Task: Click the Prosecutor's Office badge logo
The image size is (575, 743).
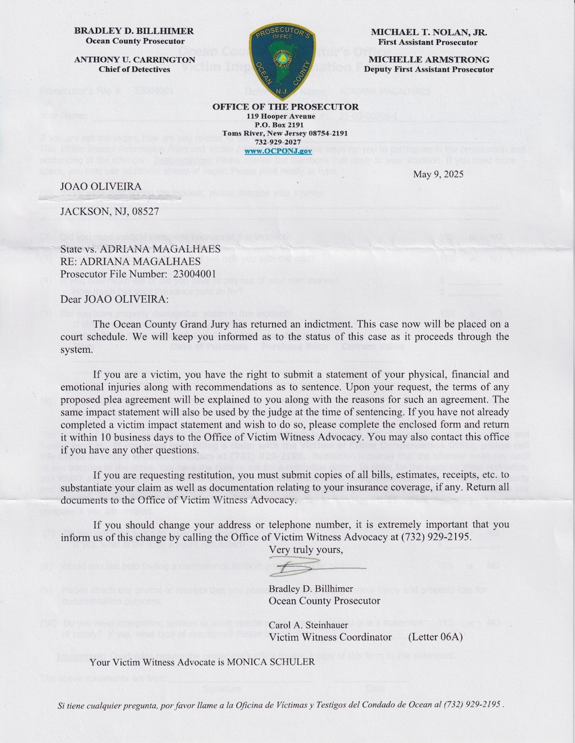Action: point(285,59)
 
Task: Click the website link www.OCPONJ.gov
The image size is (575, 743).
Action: point(285,151)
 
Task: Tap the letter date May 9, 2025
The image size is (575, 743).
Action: point(438,174)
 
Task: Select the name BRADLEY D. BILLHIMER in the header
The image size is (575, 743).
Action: point(134,31)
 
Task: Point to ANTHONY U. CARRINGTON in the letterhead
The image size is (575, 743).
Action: point(135,60)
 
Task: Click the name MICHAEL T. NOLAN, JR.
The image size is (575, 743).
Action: point(428,32)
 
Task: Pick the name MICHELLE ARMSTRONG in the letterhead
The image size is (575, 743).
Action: point(428,60)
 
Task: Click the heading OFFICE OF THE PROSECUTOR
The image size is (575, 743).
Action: point(285,107)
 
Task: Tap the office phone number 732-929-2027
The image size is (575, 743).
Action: point(285,142)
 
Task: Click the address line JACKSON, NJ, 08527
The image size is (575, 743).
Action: point(109,212)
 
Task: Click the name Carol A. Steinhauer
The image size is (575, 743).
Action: point(308,625)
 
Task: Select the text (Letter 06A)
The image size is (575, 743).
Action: point(435,637)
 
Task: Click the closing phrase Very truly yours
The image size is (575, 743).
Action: point(305,550)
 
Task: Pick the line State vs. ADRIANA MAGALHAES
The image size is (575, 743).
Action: point(140,249)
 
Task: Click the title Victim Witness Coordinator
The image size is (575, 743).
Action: point(330,637)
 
